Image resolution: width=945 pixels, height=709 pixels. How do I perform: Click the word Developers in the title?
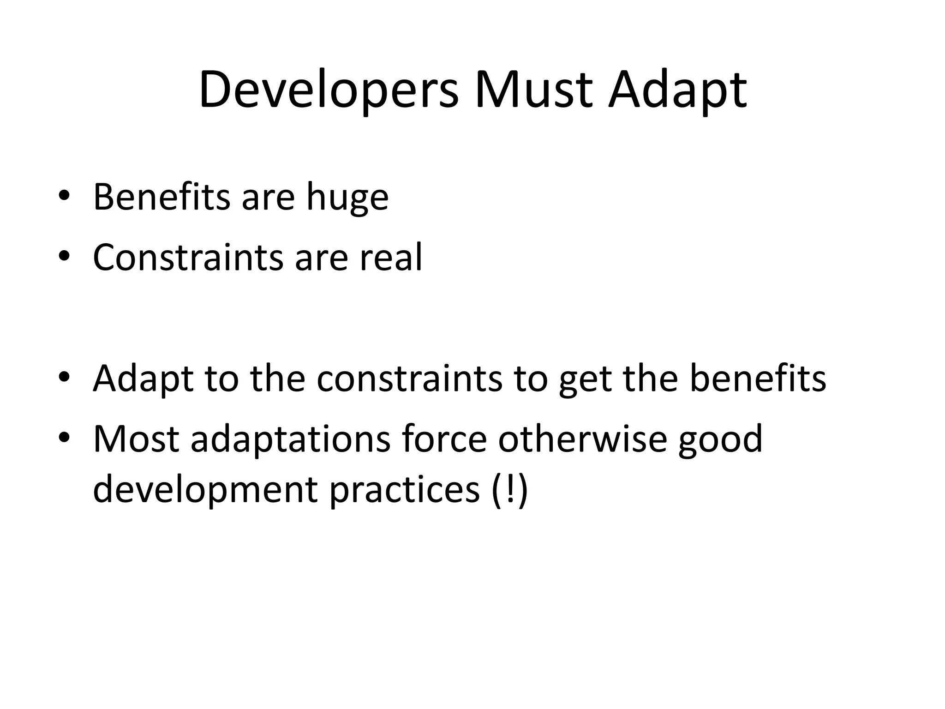tap(329, 90)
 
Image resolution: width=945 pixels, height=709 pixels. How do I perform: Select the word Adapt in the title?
tap(677, 90)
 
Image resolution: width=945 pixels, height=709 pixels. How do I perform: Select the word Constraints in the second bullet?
tap(188, 257)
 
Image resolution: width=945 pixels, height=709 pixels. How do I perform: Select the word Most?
tap(136, 439)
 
